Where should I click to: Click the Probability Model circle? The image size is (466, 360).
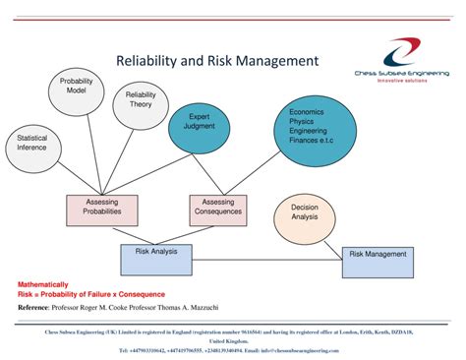click(x=76, y=88)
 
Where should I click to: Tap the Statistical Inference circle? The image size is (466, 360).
click(x=31, y=145)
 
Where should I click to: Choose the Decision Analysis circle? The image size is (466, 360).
click(x=304, y=214)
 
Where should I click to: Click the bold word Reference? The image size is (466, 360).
click(x=38, y=307)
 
